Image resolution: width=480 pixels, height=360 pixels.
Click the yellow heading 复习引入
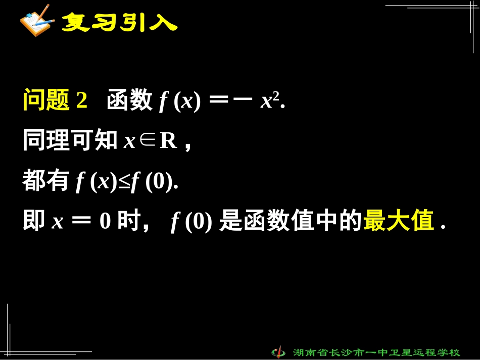coord(119,23)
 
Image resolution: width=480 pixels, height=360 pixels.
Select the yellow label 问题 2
coord(55,100)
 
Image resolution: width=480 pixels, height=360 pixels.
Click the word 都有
coord(45,181)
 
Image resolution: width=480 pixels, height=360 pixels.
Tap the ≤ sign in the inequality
coord(124,182)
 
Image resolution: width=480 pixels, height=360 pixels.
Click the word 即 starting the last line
coord(33,222)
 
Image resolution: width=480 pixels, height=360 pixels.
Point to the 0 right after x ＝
coord(105,222)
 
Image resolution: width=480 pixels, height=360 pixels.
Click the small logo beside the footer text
coord(278,351)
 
